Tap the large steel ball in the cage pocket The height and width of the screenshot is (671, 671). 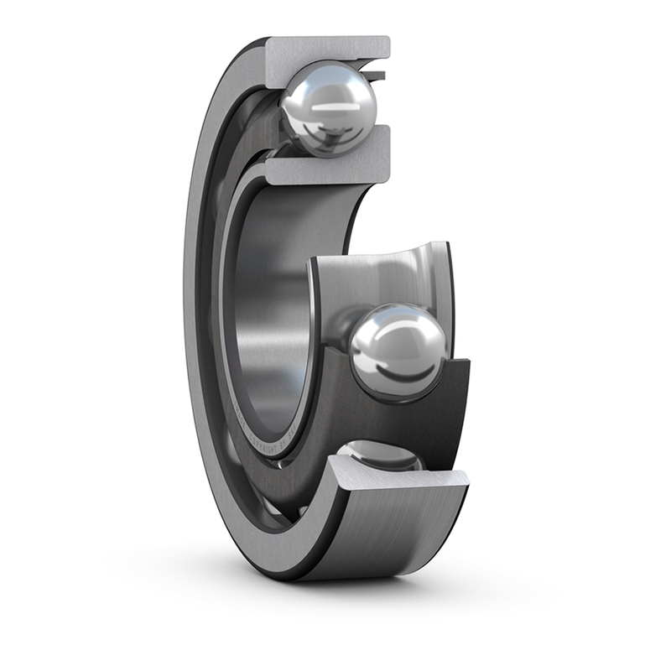click(398, 351)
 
